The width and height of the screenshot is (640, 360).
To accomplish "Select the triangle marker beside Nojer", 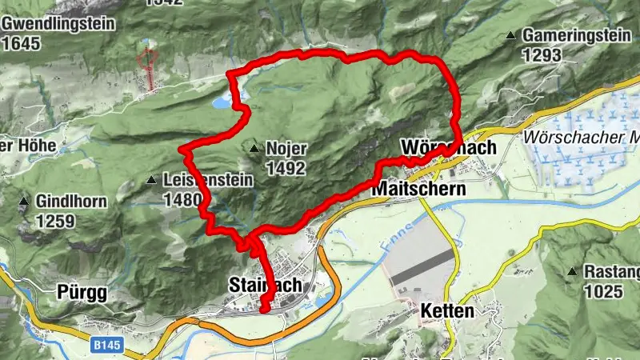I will (254, 149).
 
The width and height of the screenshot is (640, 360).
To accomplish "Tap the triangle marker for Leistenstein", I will (151, 181).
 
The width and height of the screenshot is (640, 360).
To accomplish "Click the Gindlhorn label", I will (71, 201).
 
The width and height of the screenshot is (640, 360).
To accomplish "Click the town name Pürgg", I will (82, 292).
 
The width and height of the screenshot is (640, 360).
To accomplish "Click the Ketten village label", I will (446, 310).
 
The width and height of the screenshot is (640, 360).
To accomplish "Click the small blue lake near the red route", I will (218, 102).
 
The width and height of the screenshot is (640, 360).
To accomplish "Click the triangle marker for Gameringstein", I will (510, 36).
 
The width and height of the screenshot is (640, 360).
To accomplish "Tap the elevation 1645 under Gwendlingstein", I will (22, 44).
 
